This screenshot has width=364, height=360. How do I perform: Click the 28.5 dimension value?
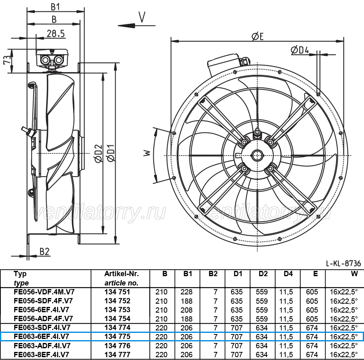[56, 34]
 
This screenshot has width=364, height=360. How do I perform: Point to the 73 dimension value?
[7, 60]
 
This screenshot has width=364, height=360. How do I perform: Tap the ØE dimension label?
[258, 36]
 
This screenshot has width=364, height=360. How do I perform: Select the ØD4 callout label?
[300, 50]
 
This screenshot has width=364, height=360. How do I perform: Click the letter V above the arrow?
[142, 17]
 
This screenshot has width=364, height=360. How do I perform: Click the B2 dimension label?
[44, 251]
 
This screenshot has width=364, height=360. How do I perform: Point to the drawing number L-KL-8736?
[343, 263]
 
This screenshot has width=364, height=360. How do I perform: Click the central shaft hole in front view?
[258, 156]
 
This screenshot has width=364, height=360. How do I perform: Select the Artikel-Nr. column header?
[121, 274]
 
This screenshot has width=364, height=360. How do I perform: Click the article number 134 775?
[117, 336]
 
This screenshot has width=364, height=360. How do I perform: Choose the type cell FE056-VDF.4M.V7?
[44, 292]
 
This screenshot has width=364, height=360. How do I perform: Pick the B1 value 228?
[186, 292]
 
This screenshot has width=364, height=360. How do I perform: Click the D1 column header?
[238, 274]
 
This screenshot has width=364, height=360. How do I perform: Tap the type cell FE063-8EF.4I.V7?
[41, 354]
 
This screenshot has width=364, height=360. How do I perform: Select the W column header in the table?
[354, 274]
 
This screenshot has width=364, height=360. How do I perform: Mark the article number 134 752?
[117, 301]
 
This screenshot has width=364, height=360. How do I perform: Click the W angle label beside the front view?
[147, 153]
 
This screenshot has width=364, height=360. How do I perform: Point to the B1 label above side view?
[55, 7]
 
